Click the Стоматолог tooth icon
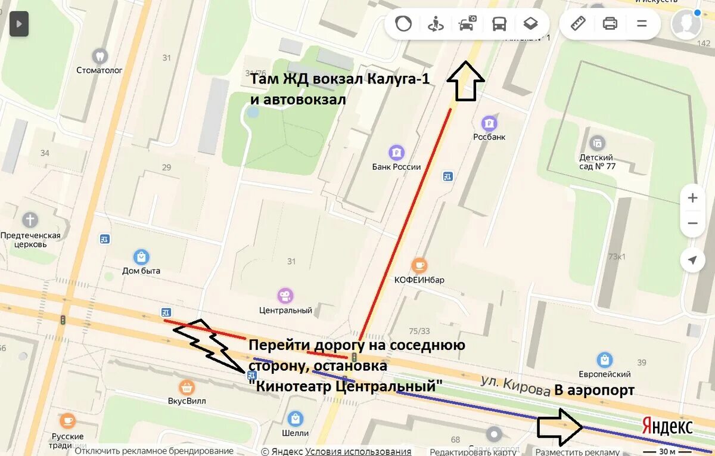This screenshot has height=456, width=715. click(100, 56)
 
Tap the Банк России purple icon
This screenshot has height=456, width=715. click(396, 153)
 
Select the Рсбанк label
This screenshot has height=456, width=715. click(489, 137)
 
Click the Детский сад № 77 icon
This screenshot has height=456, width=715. click(596, 143)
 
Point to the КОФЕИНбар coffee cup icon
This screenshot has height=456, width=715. click(419, 265)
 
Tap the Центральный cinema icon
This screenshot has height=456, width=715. click(285, 295)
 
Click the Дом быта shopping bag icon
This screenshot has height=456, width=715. click(141, 257)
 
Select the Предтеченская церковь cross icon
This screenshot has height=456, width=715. click(30, 220)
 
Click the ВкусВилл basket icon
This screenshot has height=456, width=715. click(187, 386)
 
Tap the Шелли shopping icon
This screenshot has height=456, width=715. click(295, 418)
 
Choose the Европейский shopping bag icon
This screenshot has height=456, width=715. click(605, 360)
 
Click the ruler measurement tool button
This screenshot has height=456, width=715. click(578, 24)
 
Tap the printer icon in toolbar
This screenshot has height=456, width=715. click(610, 24)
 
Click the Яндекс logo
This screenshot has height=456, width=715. click(667, 427)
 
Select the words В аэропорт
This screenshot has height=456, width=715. click(594, 390)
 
